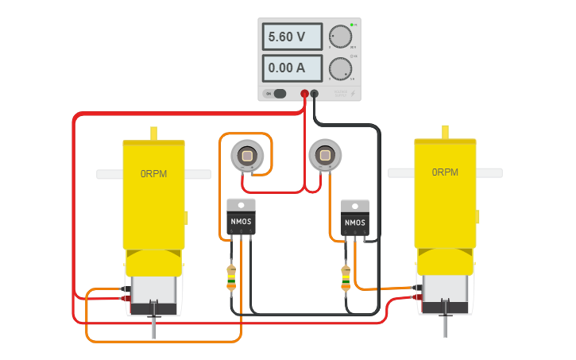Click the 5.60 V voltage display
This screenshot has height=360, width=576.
click(292, 37)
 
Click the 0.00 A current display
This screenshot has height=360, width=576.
click(292, 68)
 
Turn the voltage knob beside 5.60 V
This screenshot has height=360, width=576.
click(341, 37)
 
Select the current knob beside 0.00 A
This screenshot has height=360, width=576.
click(341, 68)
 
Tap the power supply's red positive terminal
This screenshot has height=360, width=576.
click(304, 94)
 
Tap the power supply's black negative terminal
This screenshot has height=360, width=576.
click(315, 94)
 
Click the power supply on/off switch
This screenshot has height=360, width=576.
click(278, 94)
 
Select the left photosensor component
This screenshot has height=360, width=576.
click(245, 156)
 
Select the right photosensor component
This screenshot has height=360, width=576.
click(323, 156)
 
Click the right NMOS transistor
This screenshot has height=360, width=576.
click(354, 219)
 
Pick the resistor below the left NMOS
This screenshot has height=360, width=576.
click(231, 277)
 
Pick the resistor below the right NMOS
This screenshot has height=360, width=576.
click(346, 277)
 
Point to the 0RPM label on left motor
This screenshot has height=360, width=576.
click(153, 172)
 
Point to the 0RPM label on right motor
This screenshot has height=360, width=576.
click(445, 172)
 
